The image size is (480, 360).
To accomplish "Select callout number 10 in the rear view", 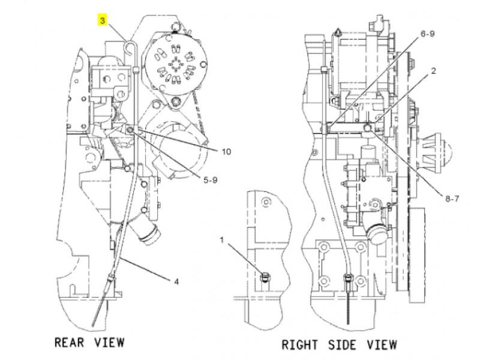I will tap(226, 152).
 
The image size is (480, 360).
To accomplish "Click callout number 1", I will tap(221, 241).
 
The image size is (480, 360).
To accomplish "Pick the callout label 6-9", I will tap(427, 34).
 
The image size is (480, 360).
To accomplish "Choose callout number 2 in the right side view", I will tap(433, 71).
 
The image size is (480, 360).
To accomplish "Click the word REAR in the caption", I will tap(71, 343).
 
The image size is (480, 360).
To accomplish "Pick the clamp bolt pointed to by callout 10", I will tap(131, 130).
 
